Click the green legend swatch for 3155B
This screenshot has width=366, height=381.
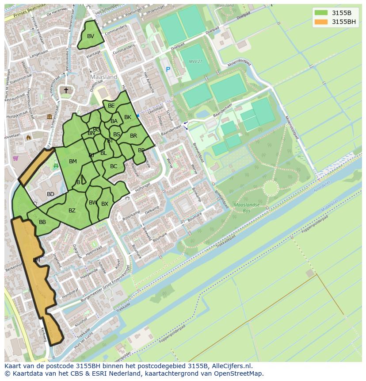coord(321,13)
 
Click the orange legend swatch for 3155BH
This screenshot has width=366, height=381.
coord(321,22)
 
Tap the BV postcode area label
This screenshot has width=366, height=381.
coord(91,36)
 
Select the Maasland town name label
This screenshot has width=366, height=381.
coord(103,77)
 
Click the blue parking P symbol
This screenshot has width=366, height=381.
coord(168,69)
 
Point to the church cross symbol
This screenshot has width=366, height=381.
coord(66,90)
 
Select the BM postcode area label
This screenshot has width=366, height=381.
coord(73,162)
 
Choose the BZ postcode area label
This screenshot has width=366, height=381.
coord(72,211)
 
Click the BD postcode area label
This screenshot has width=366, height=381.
coord(50,194)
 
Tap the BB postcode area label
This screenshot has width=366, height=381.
coord(42,222)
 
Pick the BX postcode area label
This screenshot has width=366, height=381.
coord(105,204)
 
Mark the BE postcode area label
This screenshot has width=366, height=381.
coord(111,106)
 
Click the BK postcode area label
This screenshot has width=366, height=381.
coord(128,117)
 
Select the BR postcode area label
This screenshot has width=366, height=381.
coord(133,136)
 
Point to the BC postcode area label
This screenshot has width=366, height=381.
coord(114,166)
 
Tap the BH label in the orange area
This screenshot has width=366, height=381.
coord(36,260)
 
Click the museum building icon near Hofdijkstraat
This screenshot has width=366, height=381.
coord(50,116)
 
